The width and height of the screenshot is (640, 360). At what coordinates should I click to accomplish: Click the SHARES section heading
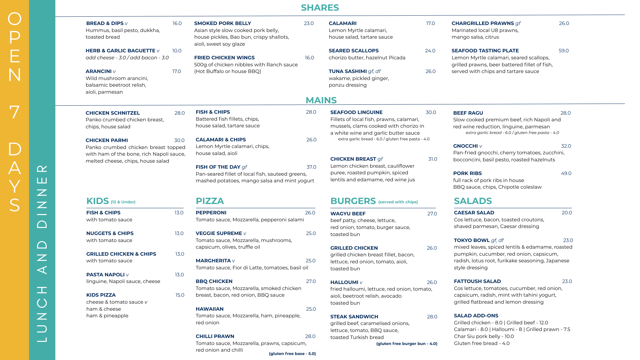pyautogui.click(x=320, y=8)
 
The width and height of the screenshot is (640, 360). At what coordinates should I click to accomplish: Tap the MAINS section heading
pyautogui.click(x=321, y=100)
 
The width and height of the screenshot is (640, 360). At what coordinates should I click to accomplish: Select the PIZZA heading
pyautogui.click(x=210, y=201)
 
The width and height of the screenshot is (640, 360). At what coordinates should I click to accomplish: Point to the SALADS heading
pyautogui.click(x=473, y=201)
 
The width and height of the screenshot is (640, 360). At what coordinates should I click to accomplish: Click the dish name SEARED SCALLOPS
pyautogui.click(x=353, y=51)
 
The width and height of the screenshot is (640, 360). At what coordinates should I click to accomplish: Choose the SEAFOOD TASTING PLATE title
pyautogui.click(x=485, y=51)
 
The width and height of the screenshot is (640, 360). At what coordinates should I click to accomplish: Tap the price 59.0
pyautogui.click(x=564, y=51)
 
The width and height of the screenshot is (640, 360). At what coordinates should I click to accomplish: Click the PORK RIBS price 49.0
pyautogui.click(x=566, y=173)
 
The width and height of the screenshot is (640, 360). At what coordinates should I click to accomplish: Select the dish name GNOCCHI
pyautogui.click(x=465, y=146)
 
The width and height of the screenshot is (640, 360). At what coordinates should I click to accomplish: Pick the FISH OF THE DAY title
pyautogui.click(x=218, y=167)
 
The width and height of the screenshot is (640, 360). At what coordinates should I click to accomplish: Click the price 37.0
pyautogui.click(x=311, y=167)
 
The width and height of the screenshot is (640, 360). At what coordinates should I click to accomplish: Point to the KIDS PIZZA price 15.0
pyautogui.click(x=180, y=295)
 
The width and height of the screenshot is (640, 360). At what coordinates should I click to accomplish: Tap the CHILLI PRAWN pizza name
pyautogui.click(x=215, y=336)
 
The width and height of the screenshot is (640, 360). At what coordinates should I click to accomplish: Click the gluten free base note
pyautogui.click(x=292, y=354)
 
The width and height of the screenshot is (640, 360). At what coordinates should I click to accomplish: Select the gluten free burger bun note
pyautogui.click(x=407, y=344)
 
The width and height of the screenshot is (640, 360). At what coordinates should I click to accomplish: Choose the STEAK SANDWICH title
pyautogui.click(x=354, y=317)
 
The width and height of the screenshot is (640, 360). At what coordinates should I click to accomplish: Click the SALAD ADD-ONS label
pyautogui.click(x=476, y=316)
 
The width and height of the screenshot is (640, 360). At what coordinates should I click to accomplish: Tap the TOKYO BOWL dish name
pyautogui.click(x=471, y=240)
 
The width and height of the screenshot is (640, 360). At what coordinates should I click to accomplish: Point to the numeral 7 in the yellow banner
pyautogui.click(x=14, y=112)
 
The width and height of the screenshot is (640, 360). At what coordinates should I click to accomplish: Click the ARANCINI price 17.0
pyautogui.click(x=176, y=71)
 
